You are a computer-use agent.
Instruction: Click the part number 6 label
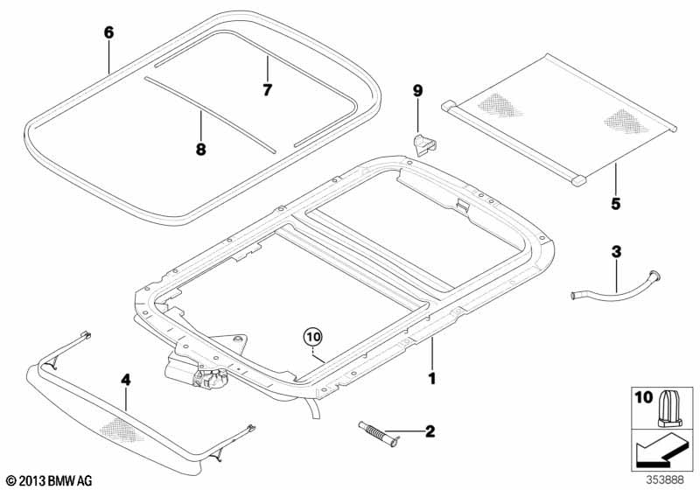[108, 32]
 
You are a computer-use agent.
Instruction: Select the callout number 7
[268, 89]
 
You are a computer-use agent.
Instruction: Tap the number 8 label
[200, 149]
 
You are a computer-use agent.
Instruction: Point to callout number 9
[417, 91]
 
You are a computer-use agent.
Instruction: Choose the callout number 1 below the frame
[430, 379]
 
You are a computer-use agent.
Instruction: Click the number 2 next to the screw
[429, 430]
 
